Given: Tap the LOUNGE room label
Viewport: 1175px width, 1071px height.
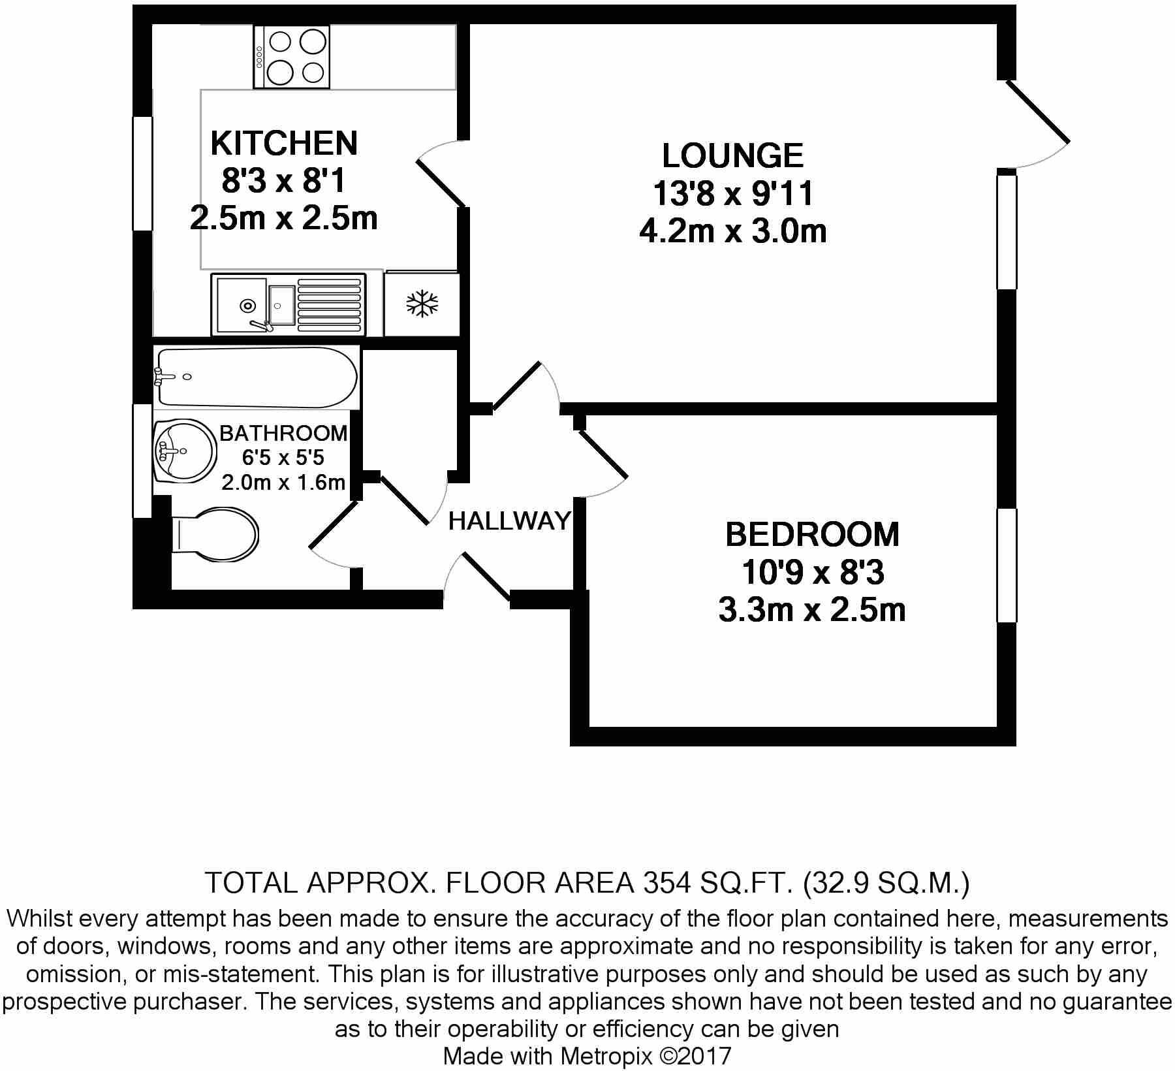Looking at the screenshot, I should point(732,156).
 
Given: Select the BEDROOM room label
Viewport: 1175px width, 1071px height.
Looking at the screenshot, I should point(812,535).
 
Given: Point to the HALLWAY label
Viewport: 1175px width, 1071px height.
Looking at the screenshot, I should point(509,521).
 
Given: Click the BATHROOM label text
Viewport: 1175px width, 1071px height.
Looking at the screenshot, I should point(283,433).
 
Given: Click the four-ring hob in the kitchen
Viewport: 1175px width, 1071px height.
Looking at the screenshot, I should point(292,57).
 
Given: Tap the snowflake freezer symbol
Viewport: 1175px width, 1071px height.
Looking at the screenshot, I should point(422,304).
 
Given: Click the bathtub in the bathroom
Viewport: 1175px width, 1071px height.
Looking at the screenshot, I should point(257,377).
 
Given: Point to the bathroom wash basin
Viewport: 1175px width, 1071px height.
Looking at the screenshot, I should point(184,451).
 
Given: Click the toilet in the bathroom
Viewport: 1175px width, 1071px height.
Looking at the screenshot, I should point(215,535).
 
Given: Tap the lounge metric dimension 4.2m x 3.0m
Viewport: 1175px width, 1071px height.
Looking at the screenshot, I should point(732,232).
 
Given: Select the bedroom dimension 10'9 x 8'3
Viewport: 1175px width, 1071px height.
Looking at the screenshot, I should point(812,573).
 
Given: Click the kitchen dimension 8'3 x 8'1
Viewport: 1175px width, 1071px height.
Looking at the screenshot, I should point(284,182).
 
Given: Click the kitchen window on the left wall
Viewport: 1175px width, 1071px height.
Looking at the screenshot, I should point(142,173).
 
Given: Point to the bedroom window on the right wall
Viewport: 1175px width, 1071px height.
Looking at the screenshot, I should point(1007,565).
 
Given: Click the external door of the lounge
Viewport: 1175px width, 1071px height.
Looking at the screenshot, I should point(1037,124).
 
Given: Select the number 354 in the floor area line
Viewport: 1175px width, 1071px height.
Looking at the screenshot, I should point(667,884).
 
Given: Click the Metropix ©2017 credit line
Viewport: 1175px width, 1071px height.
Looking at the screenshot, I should point(587,1056).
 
